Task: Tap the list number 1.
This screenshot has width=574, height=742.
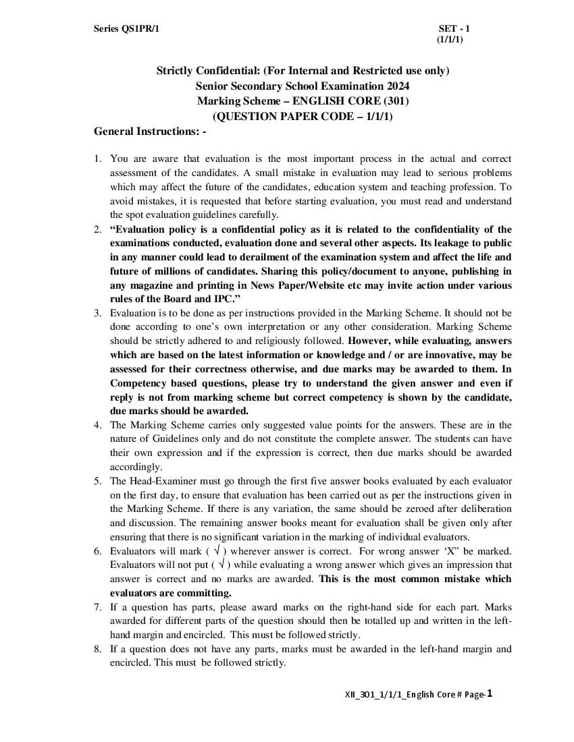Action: [97, 159]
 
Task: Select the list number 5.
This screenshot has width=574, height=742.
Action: [97, 481]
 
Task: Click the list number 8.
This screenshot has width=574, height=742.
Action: [97, 649]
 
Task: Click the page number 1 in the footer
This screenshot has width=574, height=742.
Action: [490, 693]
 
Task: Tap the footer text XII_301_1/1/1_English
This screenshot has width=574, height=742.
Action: [388, 694]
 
